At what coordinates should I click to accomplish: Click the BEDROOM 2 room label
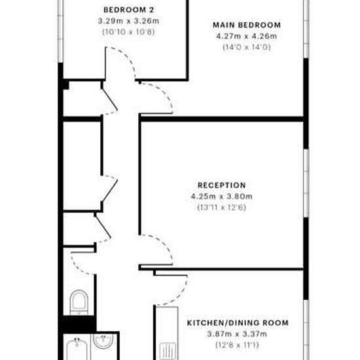128,10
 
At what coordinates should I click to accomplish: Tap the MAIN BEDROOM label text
247,25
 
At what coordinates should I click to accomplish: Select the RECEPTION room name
222,185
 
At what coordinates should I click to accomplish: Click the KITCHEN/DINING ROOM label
238,323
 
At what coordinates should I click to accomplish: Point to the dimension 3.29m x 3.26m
128,21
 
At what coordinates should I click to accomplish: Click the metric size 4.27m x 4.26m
247,36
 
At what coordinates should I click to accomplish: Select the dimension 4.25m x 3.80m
222,196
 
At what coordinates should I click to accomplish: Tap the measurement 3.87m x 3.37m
237,334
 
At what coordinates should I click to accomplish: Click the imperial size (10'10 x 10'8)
128,31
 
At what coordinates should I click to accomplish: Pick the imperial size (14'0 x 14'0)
247,47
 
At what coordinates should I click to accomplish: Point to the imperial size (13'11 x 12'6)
222,207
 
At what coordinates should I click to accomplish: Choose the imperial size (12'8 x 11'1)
237,345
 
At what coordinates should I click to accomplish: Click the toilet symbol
79,302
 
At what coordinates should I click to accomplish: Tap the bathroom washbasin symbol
103,342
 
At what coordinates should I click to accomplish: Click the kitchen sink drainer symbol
168,351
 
